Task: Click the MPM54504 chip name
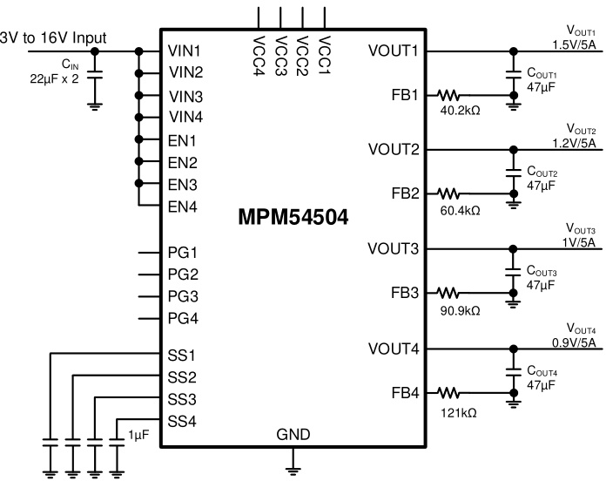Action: pos(293,217)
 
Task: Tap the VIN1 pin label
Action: pos(185,51)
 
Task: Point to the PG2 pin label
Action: pos(184,274)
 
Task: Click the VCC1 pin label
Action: pos(325,51)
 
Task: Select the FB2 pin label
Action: pos(406,193)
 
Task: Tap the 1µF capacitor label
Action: pos(138,434)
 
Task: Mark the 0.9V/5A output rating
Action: pos(572,341)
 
